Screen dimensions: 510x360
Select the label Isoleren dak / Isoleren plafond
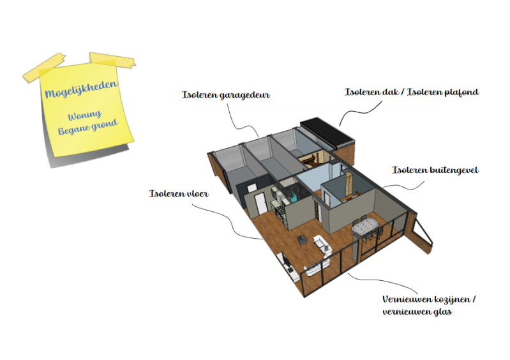point(411,92)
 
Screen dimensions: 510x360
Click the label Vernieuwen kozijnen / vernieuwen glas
point(429,305)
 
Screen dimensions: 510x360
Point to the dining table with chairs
point(365,227)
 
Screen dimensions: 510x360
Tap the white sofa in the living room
point(322,245)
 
